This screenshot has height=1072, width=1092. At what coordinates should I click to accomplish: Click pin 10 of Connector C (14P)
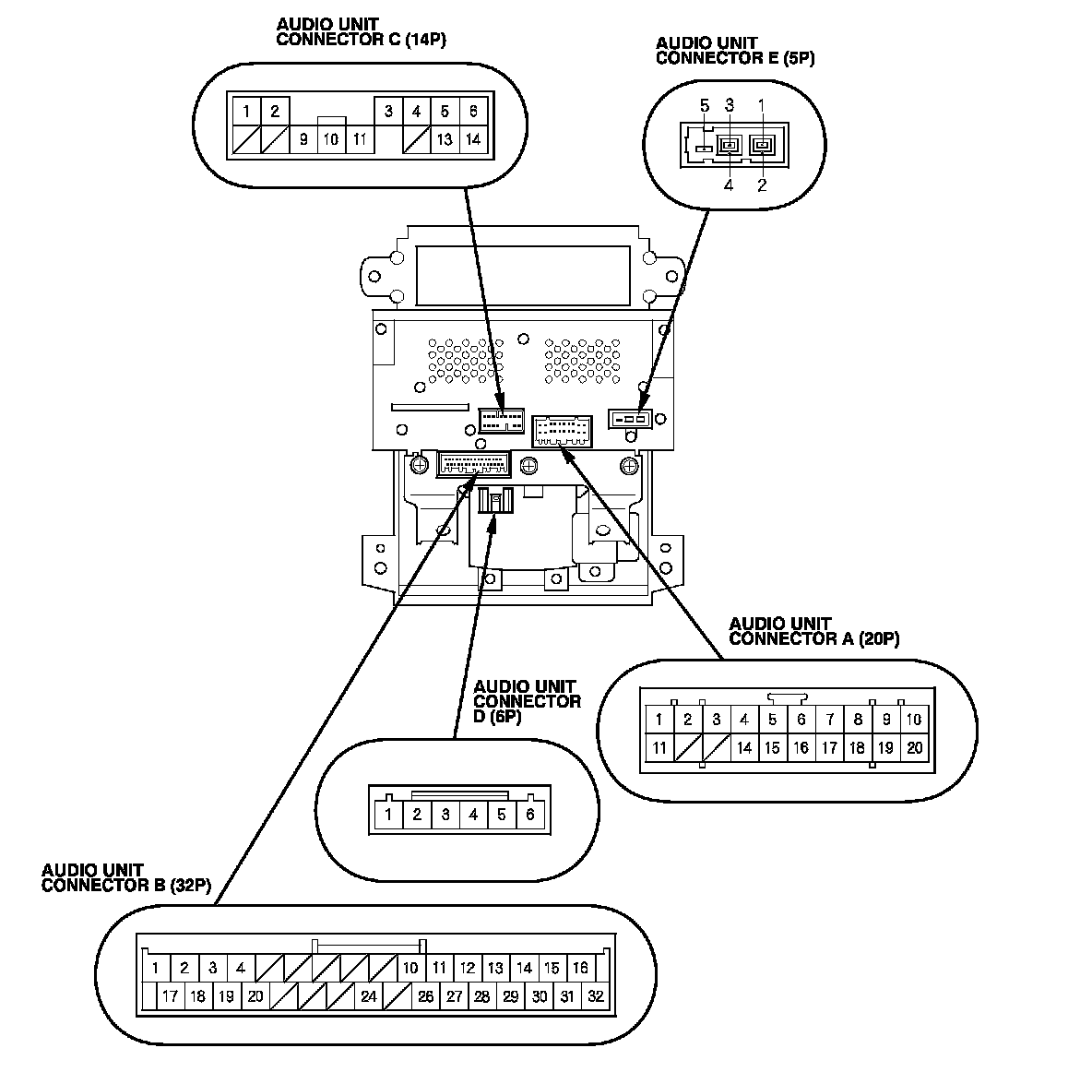tap(330, 140)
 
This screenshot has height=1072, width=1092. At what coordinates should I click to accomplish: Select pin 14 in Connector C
tap(473, 140)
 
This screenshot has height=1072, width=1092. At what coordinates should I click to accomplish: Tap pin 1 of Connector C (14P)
tap(246, 112)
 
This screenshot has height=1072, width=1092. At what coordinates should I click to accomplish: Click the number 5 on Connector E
tap(705, 105)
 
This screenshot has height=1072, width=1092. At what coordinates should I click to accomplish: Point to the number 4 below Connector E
tap(729, 185)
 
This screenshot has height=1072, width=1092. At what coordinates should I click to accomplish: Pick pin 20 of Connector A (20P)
tap(914, 748)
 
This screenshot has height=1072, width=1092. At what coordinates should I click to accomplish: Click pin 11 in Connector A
tap(659, 748)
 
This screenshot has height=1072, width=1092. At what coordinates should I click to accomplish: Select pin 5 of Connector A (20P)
tap(773, 720)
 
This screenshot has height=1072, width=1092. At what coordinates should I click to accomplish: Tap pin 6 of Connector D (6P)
tap(530, 815)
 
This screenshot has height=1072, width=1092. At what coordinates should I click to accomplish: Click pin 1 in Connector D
tap(389, 815)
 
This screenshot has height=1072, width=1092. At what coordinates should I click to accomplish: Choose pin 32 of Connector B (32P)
tap(596, 996)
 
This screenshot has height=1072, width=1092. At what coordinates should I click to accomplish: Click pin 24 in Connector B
tap(369, 996)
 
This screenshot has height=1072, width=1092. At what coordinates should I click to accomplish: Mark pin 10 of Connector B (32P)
tap(410, 968)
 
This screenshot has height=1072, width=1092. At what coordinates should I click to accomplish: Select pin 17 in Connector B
tap(170, 996)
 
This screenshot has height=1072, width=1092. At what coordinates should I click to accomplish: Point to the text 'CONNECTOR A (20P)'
tap(813, 638)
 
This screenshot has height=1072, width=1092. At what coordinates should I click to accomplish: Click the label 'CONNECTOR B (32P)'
tap(126, 886)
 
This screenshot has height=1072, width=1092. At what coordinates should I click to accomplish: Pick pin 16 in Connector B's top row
tap(580, 968)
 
